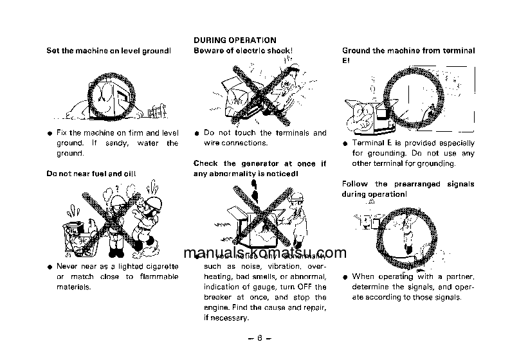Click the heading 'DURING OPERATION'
(x=235, y=40)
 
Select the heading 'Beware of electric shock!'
(x=243, y=50)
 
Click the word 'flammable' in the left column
(x=156, y=277)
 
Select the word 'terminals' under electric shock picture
(x=284, y=133)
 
